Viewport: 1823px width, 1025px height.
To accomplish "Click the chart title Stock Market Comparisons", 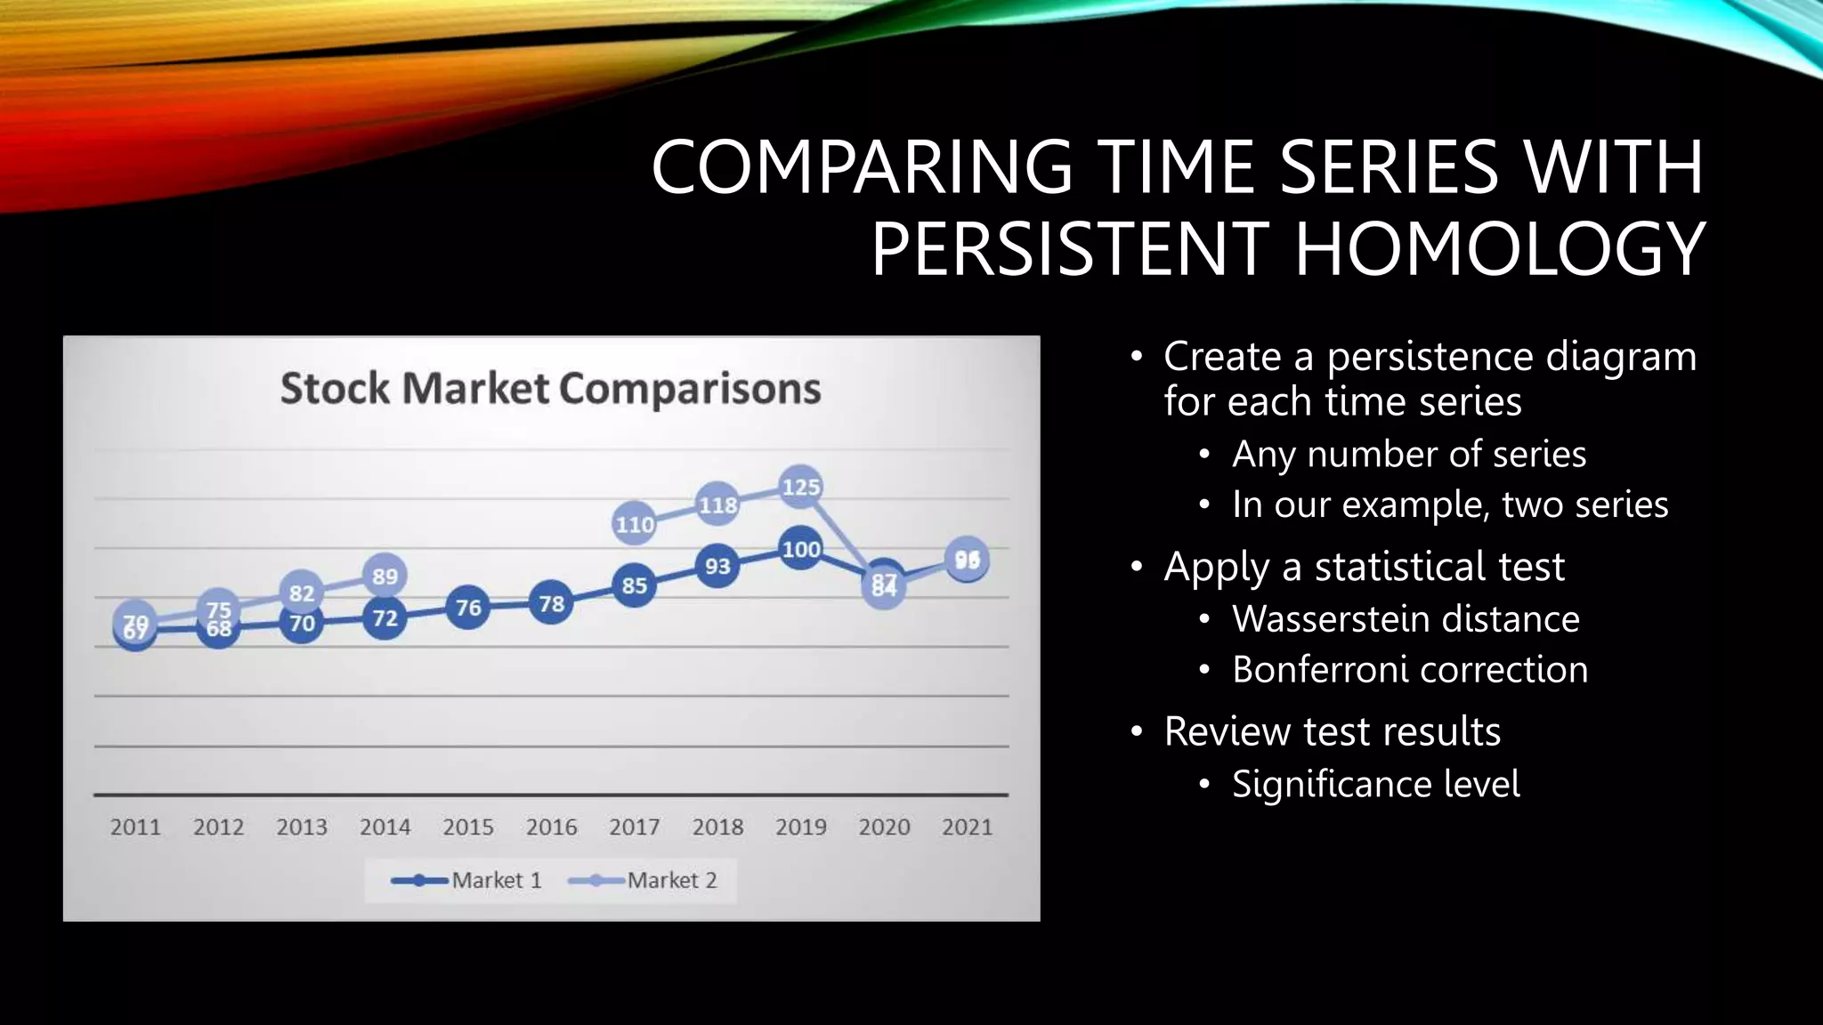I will (x=550, y=389).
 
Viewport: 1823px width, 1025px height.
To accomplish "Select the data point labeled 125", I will (x=800, y=487).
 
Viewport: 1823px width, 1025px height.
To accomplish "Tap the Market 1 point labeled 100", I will (x=800, y=549).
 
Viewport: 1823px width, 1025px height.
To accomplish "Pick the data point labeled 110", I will (x=635, y=524).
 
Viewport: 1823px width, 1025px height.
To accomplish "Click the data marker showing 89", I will (x=385, y=576).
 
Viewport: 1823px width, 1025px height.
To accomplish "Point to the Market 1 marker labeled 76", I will (x=468, y=608).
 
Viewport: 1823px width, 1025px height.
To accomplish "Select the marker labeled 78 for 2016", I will (x=551, y=604).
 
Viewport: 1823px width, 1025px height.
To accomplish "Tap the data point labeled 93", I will (x=717, y=566).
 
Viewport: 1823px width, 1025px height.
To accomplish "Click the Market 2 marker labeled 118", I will (x=717, y=505).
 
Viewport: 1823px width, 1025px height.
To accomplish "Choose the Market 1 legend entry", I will (x=467, y=880).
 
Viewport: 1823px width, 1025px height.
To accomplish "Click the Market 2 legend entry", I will (x=643, y=880).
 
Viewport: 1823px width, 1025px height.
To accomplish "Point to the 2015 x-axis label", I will (x=468, y=827).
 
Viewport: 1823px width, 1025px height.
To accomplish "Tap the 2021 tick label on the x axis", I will (x=967, y=827).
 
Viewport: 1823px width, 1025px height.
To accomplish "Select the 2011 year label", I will (x=135, y=827).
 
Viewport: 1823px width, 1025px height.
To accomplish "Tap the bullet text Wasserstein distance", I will (x=1406, y=618).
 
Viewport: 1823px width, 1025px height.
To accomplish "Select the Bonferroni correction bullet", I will (x=1410, y=669).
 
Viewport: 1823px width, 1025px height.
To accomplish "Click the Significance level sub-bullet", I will (x=1375, y=784).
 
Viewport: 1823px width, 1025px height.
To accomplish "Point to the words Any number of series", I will (x=1408, y=454).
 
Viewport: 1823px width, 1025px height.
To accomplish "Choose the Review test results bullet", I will (x=1332, y=731).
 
